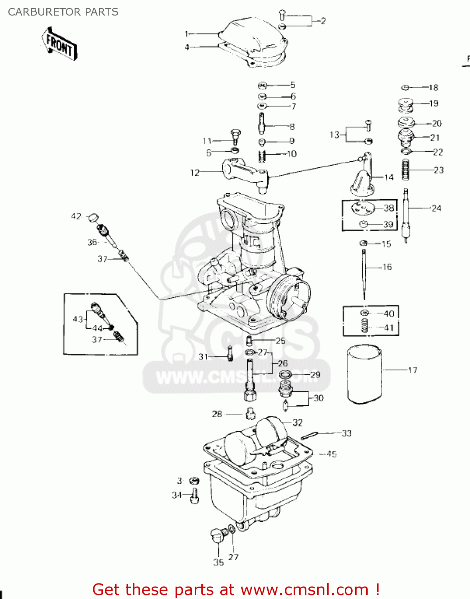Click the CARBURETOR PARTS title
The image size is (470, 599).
pos(63,12)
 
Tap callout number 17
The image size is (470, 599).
pos(413,370)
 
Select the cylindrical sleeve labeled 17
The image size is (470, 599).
pos(364,375)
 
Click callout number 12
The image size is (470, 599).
pos(194,173)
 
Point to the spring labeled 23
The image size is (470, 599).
pos(406,170)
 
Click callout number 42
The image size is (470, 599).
pos(76,216)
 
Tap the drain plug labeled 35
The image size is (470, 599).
pos(217,535)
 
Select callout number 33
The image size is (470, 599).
pos(346,433)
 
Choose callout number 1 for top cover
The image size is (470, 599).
pos(186,34)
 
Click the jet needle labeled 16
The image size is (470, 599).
pos(364,274)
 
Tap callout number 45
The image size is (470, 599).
pos(331,454)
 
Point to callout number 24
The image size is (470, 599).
pos(436,208)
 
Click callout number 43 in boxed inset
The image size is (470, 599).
pos(77,319)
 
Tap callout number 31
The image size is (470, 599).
pos(203,357)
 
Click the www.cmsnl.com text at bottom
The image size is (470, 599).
pos(305,590)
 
